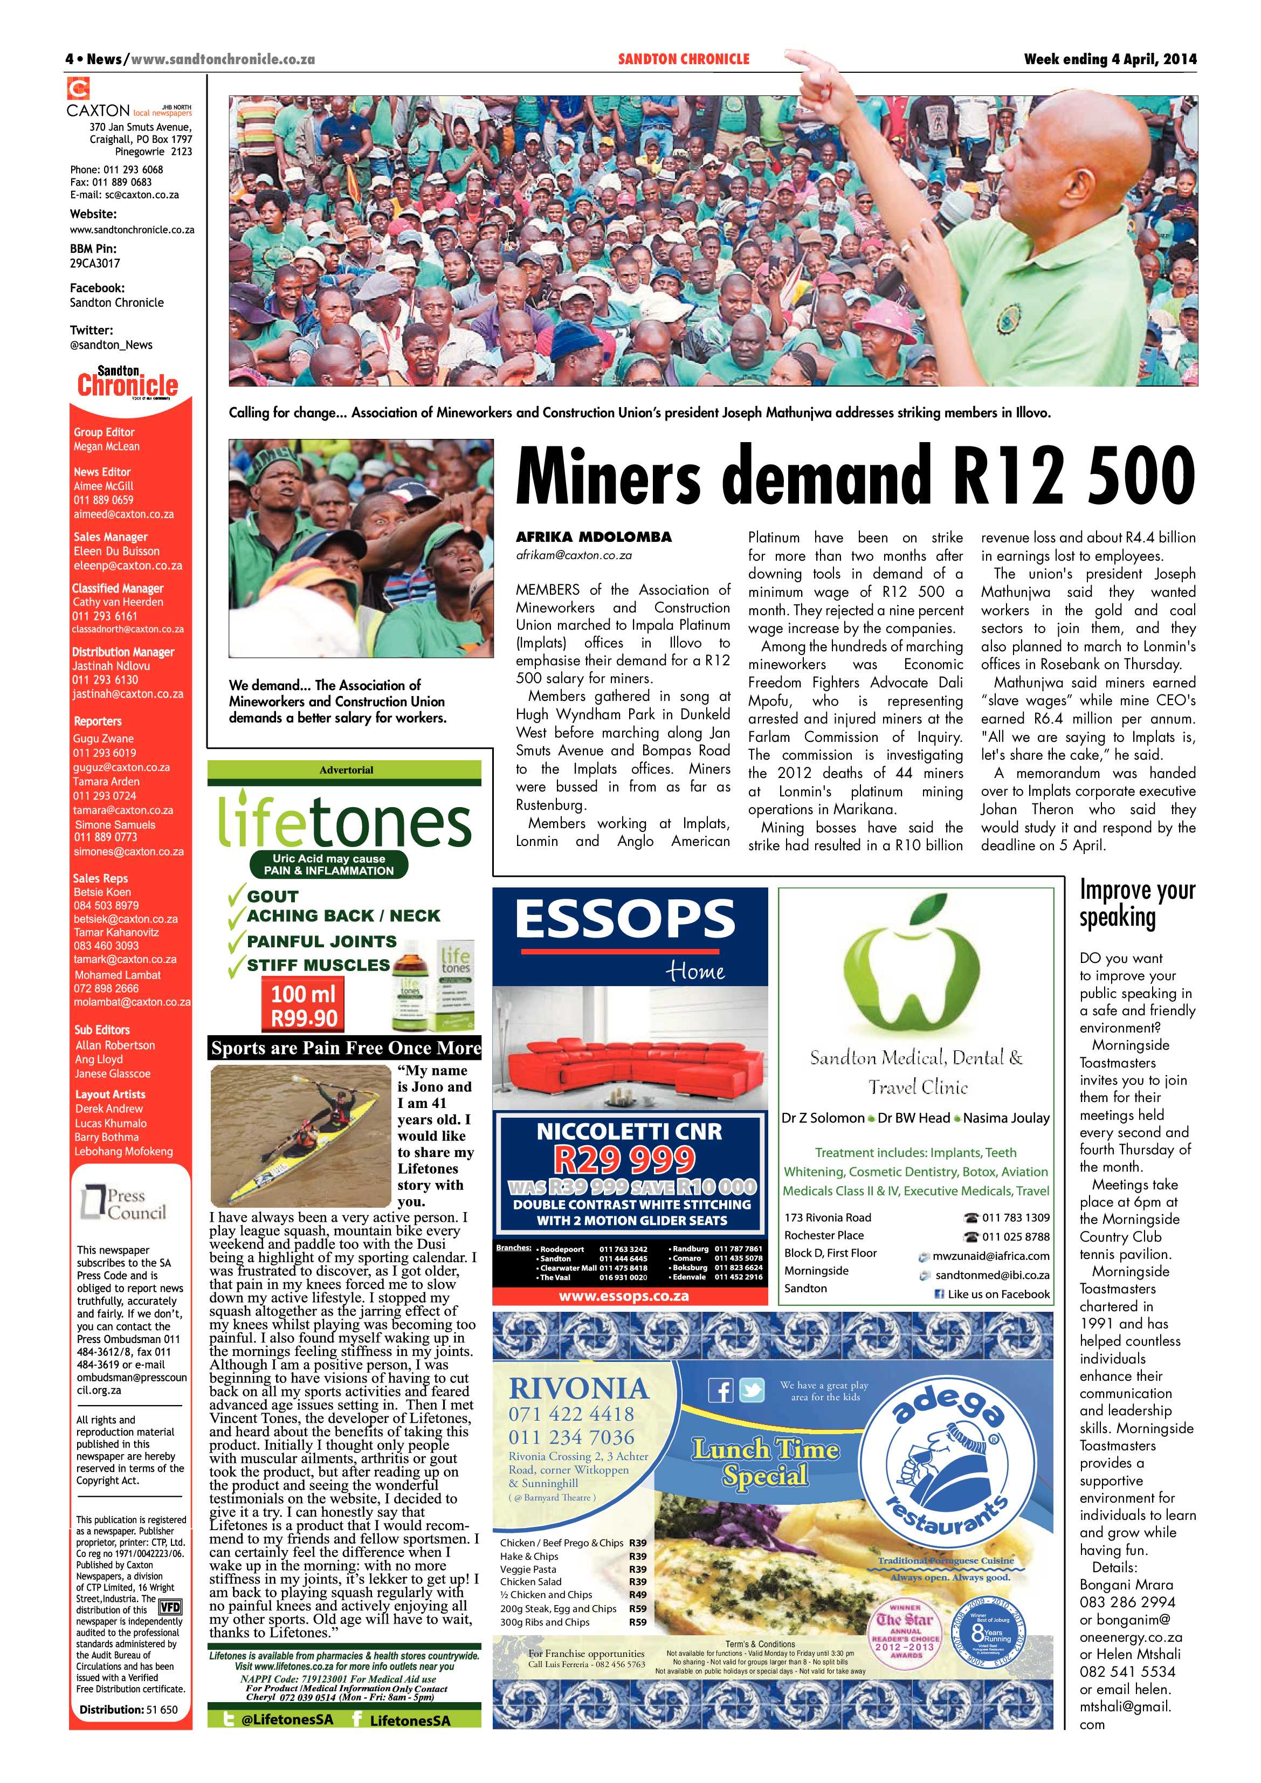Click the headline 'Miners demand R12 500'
click(x=854, y=475)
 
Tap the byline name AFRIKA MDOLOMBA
click(x=594, y=536)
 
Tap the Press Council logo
click(x=124, y=1204)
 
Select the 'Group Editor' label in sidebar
click(x=104, y=432)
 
